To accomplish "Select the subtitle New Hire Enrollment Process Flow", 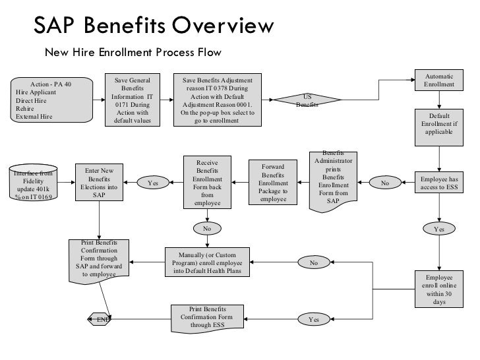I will click(x=132, y=52).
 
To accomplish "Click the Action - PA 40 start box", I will click(x=51, y=101).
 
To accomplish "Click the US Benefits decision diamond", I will click(x=308, y=100).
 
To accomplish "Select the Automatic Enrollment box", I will click(x=438, y=81).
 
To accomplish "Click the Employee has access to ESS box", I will click(x=438, y=183).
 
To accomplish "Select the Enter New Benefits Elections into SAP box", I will click(x=100, y=183).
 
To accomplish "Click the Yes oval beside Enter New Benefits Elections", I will click(x=153, y=183).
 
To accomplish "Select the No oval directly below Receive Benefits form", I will click(x=207, y=229).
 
